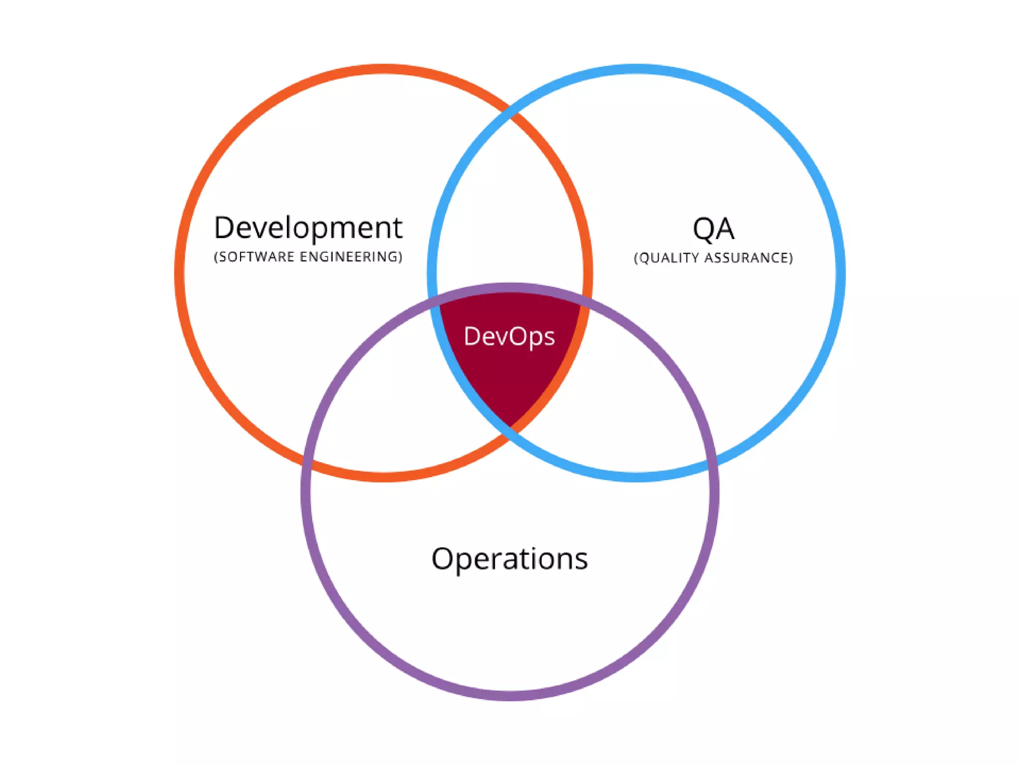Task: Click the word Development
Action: [308, 228]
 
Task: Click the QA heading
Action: [713, 229]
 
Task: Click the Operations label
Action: [510, 559]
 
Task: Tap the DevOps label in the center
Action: [509, 337]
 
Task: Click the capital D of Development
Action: [224, 228]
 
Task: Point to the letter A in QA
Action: [725, 229]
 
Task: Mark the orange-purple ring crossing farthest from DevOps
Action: [306, 462]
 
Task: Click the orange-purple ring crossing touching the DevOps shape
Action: [585, 299]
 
